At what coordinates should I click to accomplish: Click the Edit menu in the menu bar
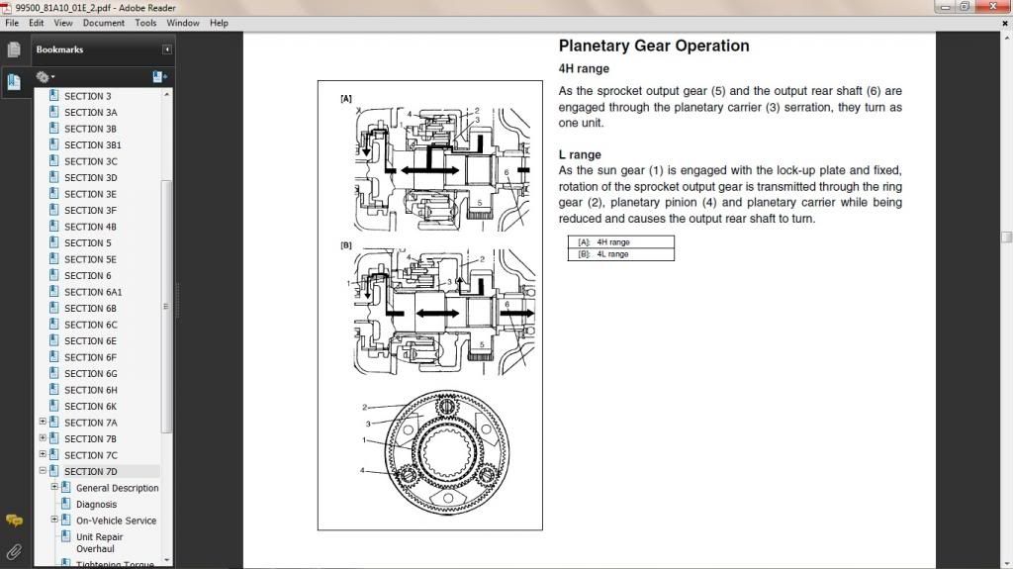coord(36,23)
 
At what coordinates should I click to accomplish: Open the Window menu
coord(182,23)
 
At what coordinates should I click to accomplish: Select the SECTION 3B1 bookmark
coord(92,144)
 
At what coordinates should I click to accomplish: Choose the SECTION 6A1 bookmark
coord(93,292)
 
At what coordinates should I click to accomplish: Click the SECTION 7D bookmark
coord(90,471)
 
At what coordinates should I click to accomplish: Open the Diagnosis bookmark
coord(96,504)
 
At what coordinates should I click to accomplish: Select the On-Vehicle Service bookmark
coord(116,521)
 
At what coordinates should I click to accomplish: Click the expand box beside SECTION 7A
coord(43,423)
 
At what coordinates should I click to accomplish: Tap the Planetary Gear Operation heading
coord(653,47)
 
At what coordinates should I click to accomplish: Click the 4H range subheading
coord(584,69)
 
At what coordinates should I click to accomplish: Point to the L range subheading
coord(580,154)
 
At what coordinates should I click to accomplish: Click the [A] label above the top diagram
coord(346,99)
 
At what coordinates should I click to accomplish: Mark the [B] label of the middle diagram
coord(346,244)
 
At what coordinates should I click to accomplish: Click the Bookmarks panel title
coord(59,49)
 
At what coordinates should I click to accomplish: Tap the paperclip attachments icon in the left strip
coord(14,551)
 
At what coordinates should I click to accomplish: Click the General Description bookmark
coord(117,488)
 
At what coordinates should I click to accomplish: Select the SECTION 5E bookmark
coord(90,259)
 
